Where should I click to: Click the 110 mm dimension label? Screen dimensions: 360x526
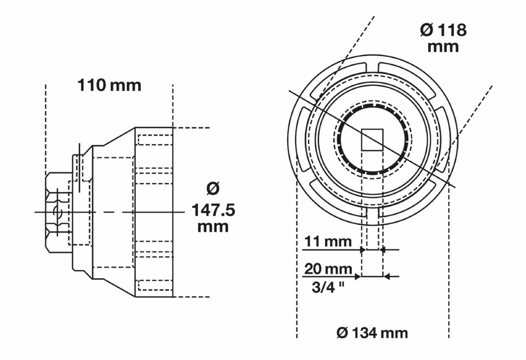pos(109,85)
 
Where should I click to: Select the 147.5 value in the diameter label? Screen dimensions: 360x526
pos(213,211)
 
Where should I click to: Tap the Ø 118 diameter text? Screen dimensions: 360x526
pos(443,30)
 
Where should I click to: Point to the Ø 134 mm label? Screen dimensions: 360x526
pos(372,333)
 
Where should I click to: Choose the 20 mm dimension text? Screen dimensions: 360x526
pos(328,269)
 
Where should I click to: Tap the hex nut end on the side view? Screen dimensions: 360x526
pos(56,212)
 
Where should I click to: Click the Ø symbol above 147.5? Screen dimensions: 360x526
pos(213,188)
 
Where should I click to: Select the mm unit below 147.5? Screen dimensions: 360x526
pos(213,227)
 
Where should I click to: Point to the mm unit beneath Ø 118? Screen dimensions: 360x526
pos(443,46)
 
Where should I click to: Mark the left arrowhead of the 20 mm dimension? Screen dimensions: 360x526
pos(358,276)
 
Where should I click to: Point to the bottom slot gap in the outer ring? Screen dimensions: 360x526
pos(372,213)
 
